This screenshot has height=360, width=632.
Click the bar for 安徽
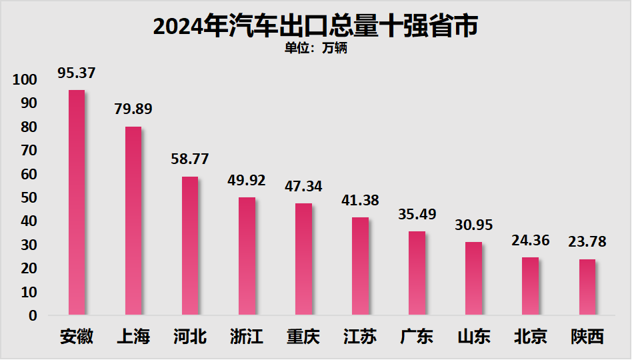[77, 202]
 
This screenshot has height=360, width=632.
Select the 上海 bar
[133, 221]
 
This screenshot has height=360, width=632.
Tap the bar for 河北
[190, 245]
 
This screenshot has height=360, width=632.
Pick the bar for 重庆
[303, 259]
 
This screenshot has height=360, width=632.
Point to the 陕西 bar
[587, 287]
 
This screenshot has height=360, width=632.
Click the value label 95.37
[77, 73]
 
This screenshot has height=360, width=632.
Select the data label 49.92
[247, 180]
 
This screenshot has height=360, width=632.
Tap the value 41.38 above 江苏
[360, 200]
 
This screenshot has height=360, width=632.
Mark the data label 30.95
[473, 225]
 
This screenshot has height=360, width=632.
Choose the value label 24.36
[531, 240]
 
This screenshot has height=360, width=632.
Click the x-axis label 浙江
[247, 336]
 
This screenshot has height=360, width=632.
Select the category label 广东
[417, 336]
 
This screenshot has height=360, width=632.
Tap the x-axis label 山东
[473, 336]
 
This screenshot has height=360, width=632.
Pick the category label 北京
[531, 336]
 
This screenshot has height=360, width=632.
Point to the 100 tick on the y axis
[25, 80]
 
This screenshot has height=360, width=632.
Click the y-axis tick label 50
[28, 198]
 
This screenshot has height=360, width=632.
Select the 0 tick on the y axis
[33, 316]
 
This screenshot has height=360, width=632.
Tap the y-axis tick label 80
[28, 127]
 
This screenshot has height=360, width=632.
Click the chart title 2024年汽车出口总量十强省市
[316, 27]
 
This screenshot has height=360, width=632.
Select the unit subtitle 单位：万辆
[316, 49]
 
